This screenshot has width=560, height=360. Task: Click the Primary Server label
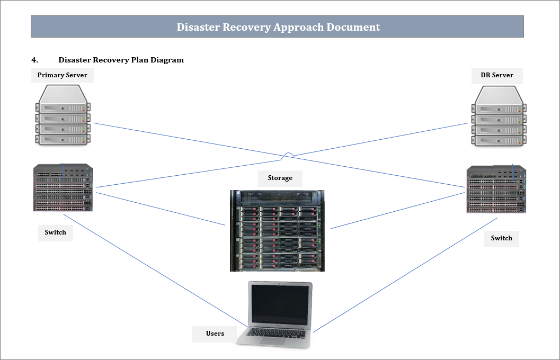click(62, 75)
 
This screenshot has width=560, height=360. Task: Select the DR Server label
click(496, 75)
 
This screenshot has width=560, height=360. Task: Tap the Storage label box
click(280, 178)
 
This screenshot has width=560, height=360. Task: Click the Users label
click(215, 334)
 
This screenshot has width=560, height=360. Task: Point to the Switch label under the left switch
click(55, 232)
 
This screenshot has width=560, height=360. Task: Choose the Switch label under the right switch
click(501, 238)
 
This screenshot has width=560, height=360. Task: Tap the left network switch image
click(63, 188)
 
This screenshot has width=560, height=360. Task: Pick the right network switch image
click(496, 189)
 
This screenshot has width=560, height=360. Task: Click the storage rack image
click(277, 231)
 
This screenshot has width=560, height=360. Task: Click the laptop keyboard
click(277, 332)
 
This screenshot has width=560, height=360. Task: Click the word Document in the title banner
click(353, 27)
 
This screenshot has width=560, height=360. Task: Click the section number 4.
click(34, 60)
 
